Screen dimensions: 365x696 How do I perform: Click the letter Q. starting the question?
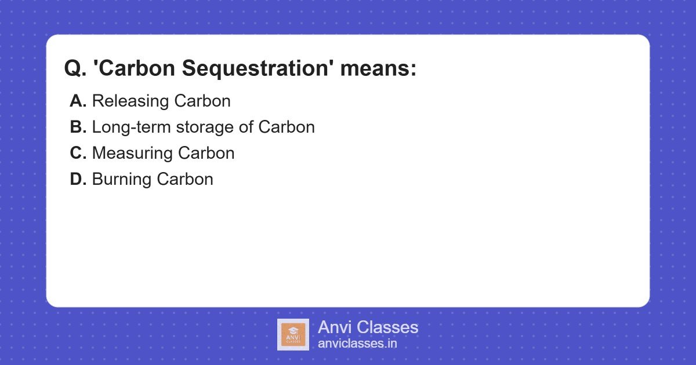(x=75, y=69)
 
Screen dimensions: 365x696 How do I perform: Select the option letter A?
(x=78, y=101)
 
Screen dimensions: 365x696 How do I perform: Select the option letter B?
(x=78, y=127)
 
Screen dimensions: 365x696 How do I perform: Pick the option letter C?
(x=78, y=153)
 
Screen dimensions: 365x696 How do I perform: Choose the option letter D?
(x=78, y=179)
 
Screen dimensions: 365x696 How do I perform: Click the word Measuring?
(x=132, y=153)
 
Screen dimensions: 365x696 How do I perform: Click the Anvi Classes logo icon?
(x=293, y=334)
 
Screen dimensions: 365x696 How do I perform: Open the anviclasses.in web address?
(x=357, y=344)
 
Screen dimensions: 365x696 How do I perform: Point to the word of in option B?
(x=246, y=127)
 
